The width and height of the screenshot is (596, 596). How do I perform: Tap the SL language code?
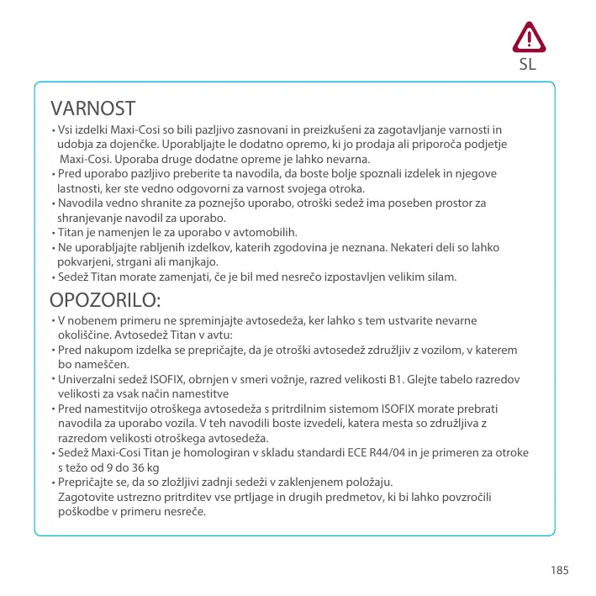[528, 63]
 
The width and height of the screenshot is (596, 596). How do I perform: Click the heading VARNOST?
[92, 108]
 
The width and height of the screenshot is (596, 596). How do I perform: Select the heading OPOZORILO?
[105, 299]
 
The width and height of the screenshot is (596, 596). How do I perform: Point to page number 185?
[560, 570]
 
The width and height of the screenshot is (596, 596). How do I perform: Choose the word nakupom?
[111, 350]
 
